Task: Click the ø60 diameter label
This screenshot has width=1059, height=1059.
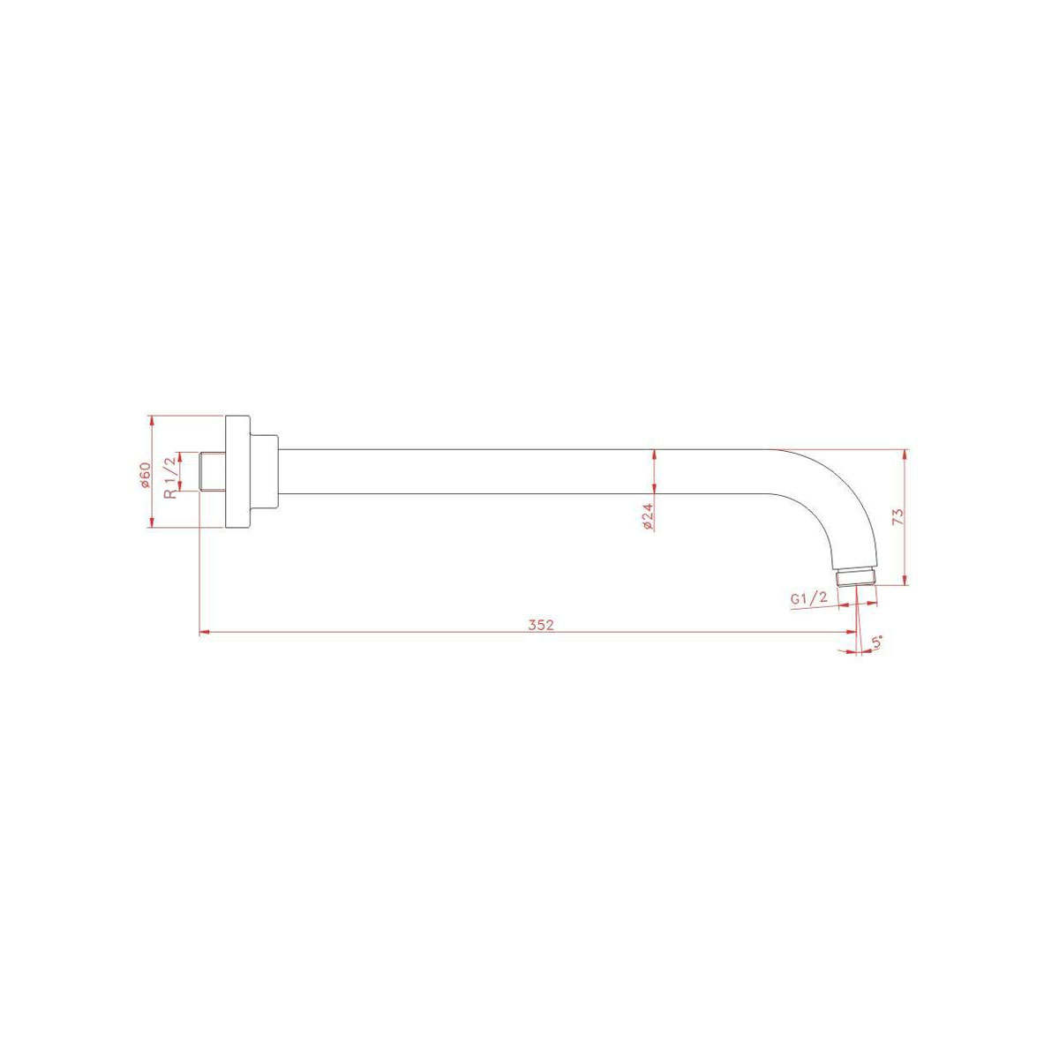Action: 145,475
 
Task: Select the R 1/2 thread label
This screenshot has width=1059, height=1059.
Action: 171,477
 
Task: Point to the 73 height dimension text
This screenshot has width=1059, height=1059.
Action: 898,516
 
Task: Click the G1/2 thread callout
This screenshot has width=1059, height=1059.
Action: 809,598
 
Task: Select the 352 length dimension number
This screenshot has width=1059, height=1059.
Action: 541,625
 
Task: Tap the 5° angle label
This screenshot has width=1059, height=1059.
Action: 877,642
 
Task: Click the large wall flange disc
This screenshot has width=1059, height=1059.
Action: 237,471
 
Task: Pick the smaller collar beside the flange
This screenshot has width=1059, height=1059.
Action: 265,472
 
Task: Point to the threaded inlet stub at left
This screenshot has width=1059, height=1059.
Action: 212,471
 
